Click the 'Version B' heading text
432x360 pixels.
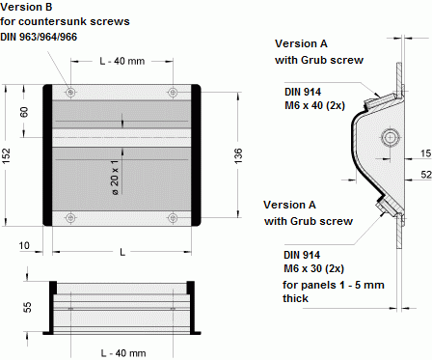pyautogui.click(x=28, y=7)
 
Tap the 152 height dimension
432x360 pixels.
pyautogui.click(x=9, y=153)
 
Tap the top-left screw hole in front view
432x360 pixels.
pyautogui.click(x=70, y=92)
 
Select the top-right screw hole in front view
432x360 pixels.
pyautogui.click(x=173, y=92)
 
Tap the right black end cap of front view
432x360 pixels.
pyautogui.click(x=197, y=154)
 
